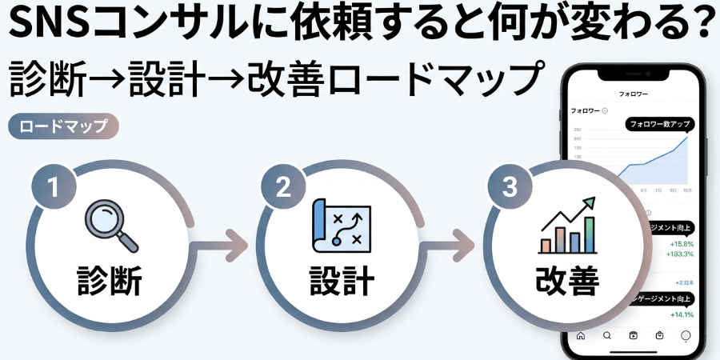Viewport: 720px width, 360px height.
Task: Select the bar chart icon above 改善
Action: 568,226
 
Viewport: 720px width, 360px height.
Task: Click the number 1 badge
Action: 54,187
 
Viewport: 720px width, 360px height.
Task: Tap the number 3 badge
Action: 510,187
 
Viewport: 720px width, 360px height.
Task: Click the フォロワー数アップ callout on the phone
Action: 660,124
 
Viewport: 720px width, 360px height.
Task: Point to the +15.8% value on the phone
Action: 682,243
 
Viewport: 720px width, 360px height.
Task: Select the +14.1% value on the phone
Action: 682,314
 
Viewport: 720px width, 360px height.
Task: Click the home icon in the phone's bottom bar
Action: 581,335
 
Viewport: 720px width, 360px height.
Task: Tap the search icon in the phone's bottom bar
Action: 607,335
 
